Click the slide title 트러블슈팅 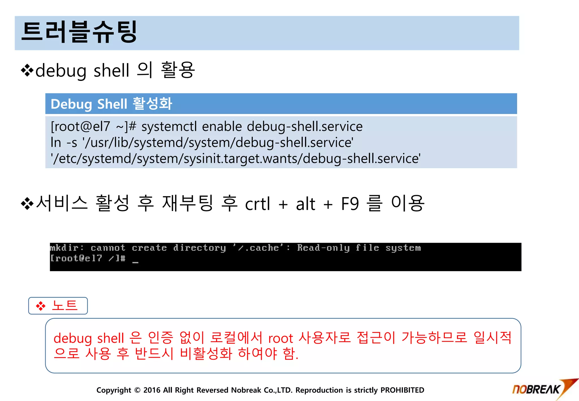click(x=79, y=32)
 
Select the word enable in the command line click(x=222, y=126)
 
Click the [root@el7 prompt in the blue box click(x=80, y=126)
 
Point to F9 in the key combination click(x=350, y=204)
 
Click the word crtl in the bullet click(x=257, y=204)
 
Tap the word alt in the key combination click(x=305, y=204)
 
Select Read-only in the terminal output click(x=323, y=248)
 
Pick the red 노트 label click(x=65, y=306)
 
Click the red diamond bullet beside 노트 click(x=41, y=306)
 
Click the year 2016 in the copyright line click(x=152, y=390)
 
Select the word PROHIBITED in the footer click(x=402, y=390)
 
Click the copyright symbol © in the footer click(x=137, y=390)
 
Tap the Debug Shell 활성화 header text click(x=111, y=104)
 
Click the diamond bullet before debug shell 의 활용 click(x=27, y=70)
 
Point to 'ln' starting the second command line click(x=56, y=142)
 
